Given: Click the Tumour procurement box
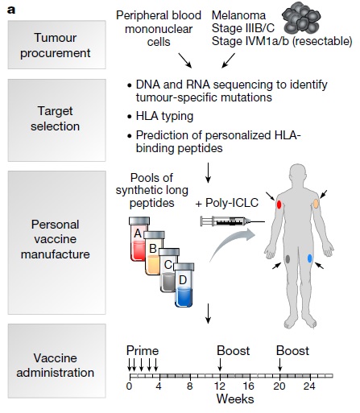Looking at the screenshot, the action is (x=56, y=44).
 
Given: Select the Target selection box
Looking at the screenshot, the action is (x=56, y=120).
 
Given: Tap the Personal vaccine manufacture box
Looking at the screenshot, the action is (x=56, y=242).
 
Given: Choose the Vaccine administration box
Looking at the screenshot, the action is (x=56, y=361).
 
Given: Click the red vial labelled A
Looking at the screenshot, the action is (x=138, y=239).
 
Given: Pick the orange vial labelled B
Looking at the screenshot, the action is (x=153, y=253).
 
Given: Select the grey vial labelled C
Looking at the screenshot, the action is (x=168, y=270).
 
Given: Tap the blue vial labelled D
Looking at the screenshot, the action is (x=184, y=285).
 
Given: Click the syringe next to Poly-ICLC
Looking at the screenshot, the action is (x=233, y=221).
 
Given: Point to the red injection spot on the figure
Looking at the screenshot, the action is (x=279, y=204).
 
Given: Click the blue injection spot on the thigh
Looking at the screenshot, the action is (x=309, y=258).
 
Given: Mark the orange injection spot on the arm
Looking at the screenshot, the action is (x=317, y=204).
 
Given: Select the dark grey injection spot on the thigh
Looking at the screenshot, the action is (x=288, y=258).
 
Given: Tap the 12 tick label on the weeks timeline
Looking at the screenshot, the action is (x=220, y=386).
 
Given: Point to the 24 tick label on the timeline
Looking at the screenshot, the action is (x=309, y=386).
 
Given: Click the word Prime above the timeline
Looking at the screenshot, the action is (x=143, y=351).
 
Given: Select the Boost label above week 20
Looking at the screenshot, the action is (x=292, y=351).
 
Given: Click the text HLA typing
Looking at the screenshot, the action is (x=164, y=117).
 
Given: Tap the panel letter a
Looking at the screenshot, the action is (x=11, y=10).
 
